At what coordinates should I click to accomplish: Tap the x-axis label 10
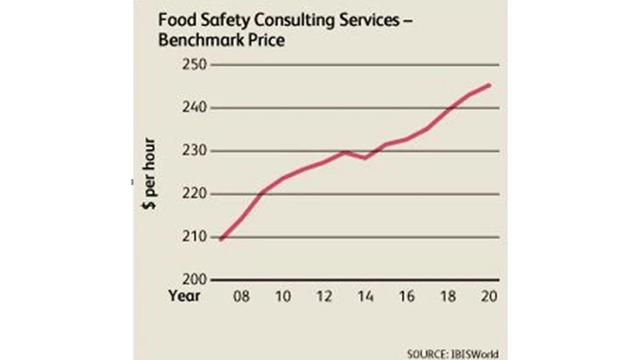283,297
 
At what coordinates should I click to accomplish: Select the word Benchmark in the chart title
192,40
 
